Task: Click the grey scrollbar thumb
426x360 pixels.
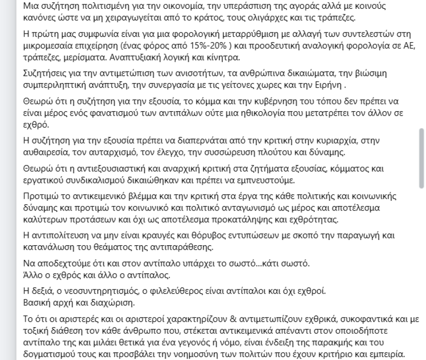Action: (x=421, y=158)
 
